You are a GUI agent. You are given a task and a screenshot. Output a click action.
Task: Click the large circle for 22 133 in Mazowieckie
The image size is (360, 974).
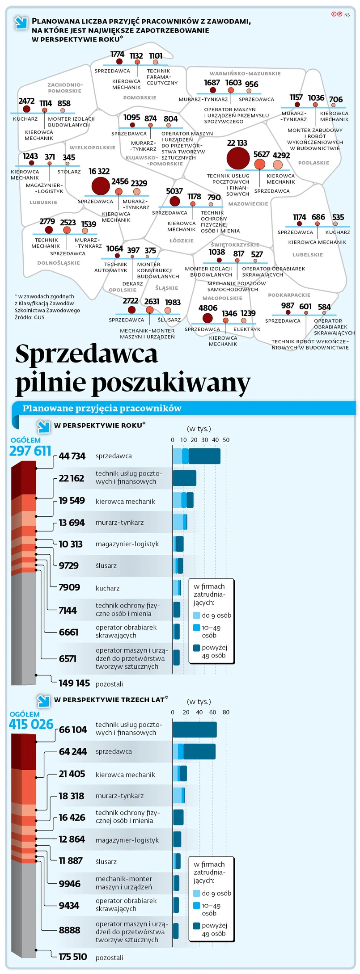pyautogui.click(x=238, y=158)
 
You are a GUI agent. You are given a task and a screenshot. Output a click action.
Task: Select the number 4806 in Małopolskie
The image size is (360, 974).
pyautogui.click(x=208, y=308)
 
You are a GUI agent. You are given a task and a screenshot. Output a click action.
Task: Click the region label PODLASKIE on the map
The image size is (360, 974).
pyautogui.click(x=313, y=163)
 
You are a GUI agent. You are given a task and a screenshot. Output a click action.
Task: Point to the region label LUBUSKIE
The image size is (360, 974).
pyautogui.click(x=43, y=202)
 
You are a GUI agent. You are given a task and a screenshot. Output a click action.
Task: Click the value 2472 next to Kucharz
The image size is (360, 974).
pyautogui.click(x=26, y=101)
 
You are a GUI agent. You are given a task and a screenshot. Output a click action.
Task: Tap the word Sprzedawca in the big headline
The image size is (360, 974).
pyautogui.click(x=87, y=354)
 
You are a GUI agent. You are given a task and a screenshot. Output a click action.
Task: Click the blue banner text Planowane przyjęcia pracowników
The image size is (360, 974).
pyautogui.click(x=102, y=408)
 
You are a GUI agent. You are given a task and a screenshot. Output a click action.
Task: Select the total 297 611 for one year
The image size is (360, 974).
pyautogui.click(x=30, y=451)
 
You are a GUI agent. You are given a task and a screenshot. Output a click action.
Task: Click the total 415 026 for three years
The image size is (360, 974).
pyautogui.click(x=31, y=724)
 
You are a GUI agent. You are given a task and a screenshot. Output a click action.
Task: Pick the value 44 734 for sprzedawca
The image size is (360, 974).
pyautogui.click(x=72, y=456)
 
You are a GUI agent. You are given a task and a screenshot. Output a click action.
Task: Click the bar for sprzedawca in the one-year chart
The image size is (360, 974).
pyautogui.click(x=196, y=456)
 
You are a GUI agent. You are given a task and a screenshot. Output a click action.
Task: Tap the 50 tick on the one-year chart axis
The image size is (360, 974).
pyautogui.click(x=226, y=440)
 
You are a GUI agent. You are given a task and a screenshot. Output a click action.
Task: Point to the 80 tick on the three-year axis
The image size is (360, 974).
pyautogui.click(x=226, y=712)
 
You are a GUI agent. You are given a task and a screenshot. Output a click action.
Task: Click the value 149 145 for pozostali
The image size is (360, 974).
pyautogui.click(x=74, y=683)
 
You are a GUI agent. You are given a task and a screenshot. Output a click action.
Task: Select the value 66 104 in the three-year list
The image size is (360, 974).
pyautogui.click(x=72, y=729)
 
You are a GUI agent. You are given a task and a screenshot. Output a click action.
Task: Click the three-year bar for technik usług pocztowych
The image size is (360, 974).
pyautogui.click(x=195, y=729)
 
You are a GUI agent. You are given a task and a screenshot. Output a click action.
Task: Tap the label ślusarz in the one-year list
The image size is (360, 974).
pyautogui.click(x=106, y=565)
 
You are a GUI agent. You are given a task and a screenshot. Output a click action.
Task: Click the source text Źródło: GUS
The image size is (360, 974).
pyautogui.click(x=30, y=317)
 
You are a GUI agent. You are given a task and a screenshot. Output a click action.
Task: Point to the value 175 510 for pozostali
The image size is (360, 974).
pyautogui.click(x=72, y=957)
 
